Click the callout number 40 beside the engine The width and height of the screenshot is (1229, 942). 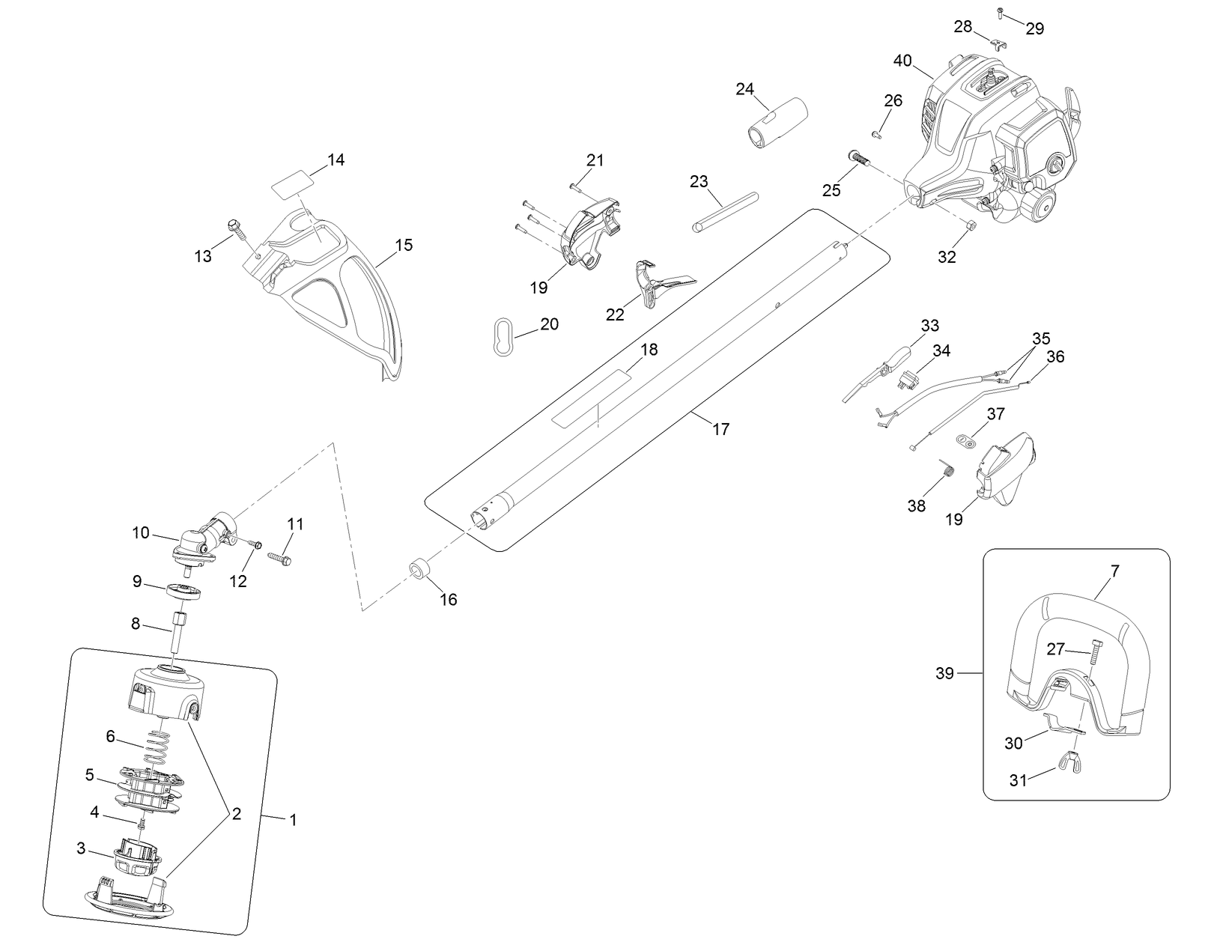[902, 61]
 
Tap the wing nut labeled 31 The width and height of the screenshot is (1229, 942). [1071, 762]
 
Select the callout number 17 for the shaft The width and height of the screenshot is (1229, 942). [720, 429]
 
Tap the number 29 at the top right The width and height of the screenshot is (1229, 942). [1034, 29]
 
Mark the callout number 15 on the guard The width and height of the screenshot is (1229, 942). [404, 245]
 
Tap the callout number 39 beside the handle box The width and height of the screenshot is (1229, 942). [945, 673]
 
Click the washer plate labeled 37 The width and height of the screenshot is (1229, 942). [968, 439]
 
